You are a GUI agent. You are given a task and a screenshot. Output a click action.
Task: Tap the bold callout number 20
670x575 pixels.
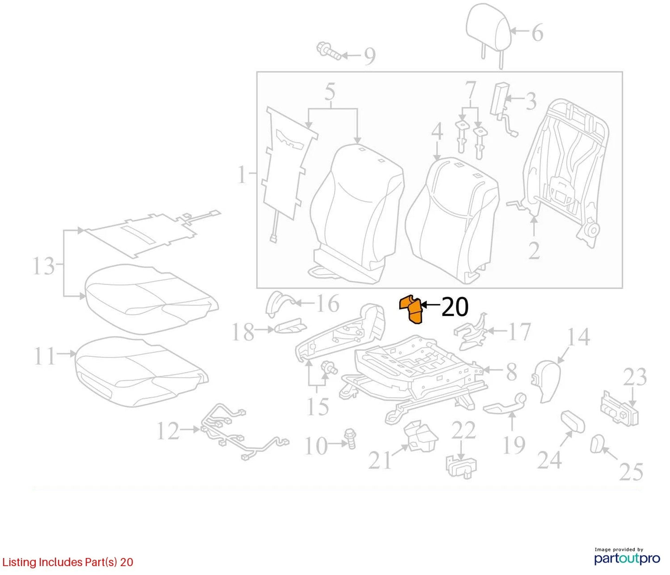tap(455, 306)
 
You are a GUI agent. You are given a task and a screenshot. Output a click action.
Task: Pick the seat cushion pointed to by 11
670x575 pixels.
tap(141, 372)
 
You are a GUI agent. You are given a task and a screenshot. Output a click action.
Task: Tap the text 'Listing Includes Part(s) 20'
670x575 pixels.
tap(68, 562)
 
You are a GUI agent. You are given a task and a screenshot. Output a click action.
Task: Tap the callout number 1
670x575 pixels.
tap(242, 175)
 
